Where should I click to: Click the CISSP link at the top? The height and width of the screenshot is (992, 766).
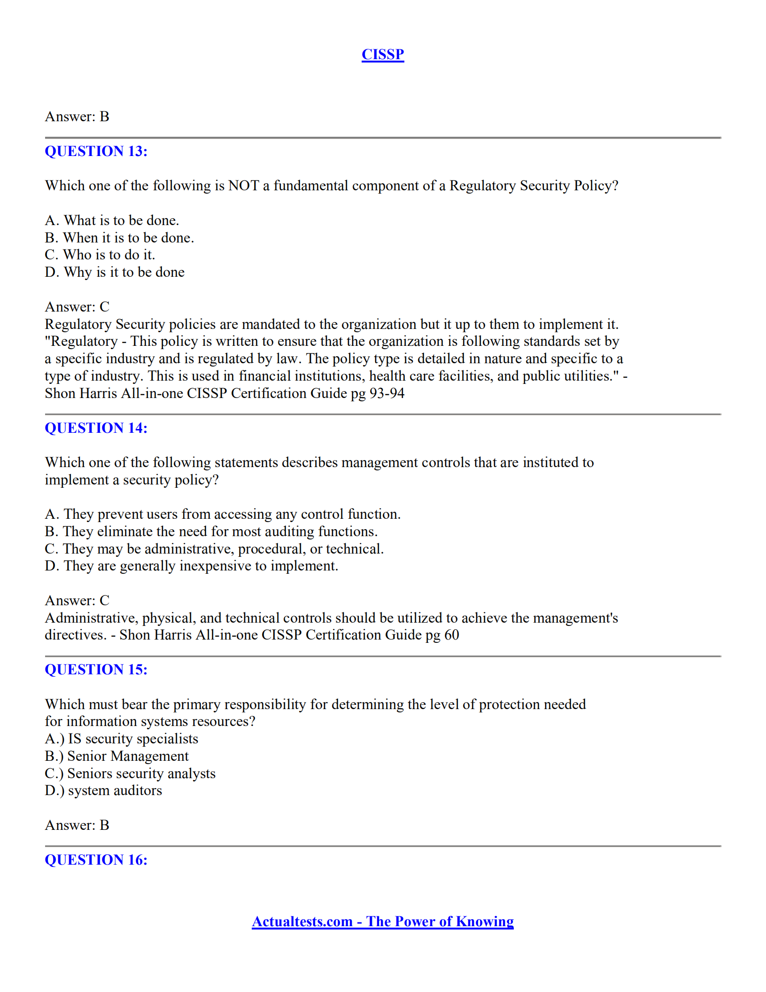click(x=382, y=55)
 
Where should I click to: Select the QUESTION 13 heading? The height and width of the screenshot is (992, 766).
click(x=96, y=151)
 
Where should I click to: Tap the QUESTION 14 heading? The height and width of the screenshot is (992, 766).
click(x=96, y=428)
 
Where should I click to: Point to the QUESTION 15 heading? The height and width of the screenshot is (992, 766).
click(x=96, y=670)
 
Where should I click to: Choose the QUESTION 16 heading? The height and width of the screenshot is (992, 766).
click(x=96, y=860)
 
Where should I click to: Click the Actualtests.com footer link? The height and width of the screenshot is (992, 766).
click(x=382, y=922)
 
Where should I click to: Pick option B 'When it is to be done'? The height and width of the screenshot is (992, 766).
click(x=119, y=238)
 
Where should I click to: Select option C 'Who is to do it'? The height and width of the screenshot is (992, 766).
click(x=100, y=255)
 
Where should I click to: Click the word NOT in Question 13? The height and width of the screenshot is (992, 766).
click(x=243, y=186)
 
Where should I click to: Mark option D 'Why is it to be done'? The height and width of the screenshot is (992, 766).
click(x=115, y=272)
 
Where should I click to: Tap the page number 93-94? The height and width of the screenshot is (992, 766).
click(x=387, y=393)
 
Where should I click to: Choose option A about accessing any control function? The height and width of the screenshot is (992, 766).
click(x=223, y=514)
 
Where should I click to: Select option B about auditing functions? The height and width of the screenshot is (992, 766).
click(x=211, y=531)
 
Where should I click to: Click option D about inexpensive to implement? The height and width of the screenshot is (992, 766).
click(x=192, y=566)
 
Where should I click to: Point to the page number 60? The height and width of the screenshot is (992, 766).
click(x=451, y=635)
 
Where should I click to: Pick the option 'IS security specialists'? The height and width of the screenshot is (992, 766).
click(x=122, y=739)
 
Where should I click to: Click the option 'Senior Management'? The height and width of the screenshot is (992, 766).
click(x=116, y=756)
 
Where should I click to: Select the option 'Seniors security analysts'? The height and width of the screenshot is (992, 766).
click(x=130, y=773)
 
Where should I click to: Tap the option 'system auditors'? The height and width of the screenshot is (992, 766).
click(x=103, y=790)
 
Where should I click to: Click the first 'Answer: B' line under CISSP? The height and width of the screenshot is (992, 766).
click(x=77, y=117)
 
